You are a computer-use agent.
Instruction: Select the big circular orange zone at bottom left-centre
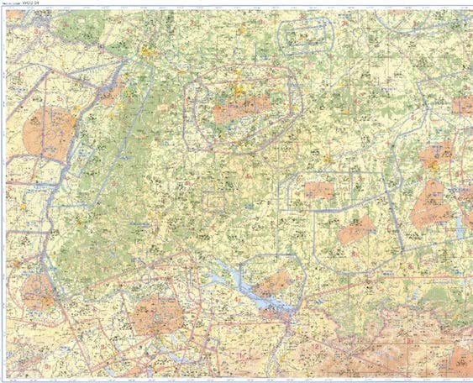coord(156,313)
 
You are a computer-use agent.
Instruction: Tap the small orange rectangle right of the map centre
coord(319,191)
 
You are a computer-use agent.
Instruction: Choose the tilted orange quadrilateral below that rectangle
coord(356,229)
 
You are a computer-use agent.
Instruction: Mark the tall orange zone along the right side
coord(430,205)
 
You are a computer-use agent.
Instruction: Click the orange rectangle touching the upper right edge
coord(462,106)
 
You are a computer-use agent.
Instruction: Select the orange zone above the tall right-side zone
coord(437,155)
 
